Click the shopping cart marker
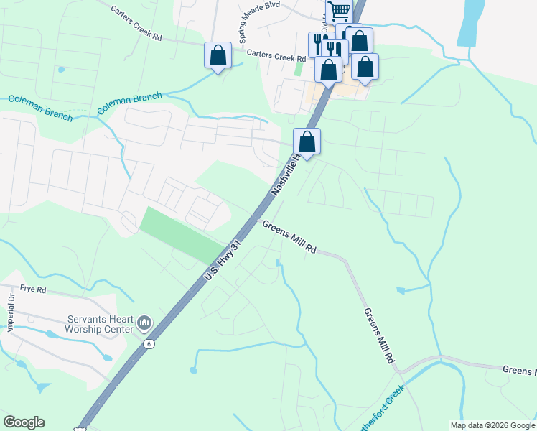coord(338,11)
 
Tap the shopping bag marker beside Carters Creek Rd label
coord(218,55)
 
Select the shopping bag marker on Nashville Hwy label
coord(307,142)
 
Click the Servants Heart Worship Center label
coord(90,324)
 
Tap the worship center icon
coord(144,323)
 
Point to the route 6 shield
coord(148,344)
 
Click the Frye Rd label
coord(33,290)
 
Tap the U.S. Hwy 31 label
coord(221,261)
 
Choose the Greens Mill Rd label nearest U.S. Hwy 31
coord(289,236)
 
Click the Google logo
coord(24,422)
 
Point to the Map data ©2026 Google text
coord(492,425)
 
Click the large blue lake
coord(471,22)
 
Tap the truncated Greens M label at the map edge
coord(519,370)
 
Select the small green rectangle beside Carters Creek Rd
coord(298,70)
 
